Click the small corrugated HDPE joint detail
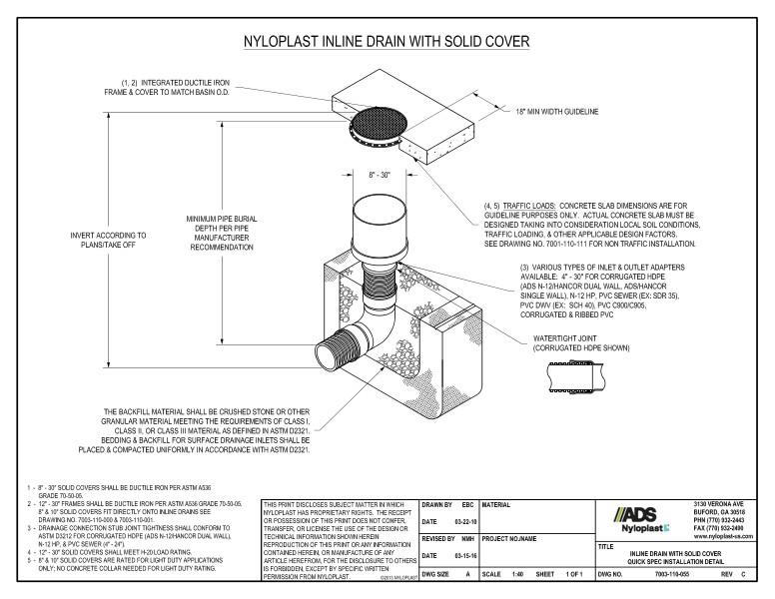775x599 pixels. point(575,373)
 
